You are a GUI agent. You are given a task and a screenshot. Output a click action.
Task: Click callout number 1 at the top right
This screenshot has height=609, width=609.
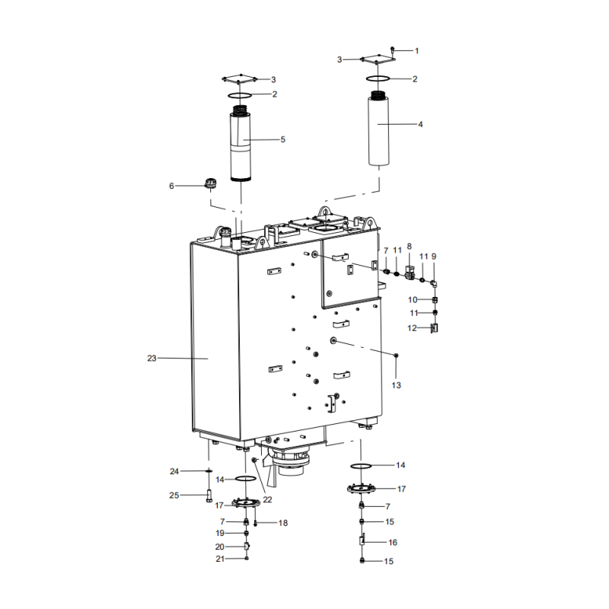coord(416,50)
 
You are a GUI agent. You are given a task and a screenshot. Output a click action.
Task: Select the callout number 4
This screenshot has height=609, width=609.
coord(420,123)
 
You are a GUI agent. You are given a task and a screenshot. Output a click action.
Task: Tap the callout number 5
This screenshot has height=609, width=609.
coord(282,139)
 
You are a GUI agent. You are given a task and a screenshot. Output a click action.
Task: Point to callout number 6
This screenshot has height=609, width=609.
coord(171,185)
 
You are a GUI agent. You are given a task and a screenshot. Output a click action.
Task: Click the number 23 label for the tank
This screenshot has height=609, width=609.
coord(151,358)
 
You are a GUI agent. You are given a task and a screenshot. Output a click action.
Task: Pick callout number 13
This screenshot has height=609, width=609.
coord(396,385)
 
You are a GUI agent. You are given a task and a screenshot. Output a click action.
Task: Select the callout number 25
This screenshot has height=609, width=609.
coord(174,496)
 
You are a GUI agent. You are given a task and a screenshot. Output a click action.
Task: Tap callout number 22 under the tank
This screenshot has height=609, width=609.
coord(267,499)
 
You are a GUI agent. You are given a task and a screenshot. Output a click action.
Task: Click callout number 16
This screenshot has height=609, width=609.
coord(393,543)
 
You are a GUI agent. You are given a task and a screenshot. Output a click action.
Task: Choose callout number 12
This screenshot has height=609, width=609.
coord(413,328)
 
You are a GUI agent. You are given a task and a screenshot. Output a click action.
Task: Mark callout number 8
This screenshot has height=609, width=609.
coord(409,247)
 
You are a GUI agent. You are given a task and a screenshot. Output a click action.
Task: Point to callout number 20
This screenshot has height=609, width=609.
coord(220,547)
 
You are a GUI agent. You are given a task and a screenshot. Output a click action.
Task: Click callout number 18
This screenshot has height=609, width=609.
coord(283,523)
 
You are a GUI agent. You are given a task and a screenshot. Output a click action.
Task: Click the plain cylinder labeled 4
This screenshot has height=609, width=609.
coord(379,129)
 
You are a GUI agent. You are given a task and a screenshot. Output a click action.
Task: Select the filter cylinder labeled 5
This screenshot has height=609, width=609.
coord(241,145)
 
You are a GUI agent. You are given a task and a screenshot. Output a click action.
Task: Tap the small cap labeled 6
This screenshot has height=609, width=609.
coord(211,183)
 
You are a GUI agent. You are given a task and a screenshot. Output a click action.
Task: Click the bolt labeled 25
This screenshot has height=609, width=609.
coord(209,497)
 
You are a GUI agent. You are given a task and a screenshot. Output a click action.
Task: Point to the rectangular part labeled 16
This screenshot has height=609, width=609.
coord(363,542)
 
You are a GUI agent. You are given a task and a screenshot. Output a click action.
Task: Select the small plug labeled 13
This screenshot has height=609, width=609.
coord(396,356)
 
